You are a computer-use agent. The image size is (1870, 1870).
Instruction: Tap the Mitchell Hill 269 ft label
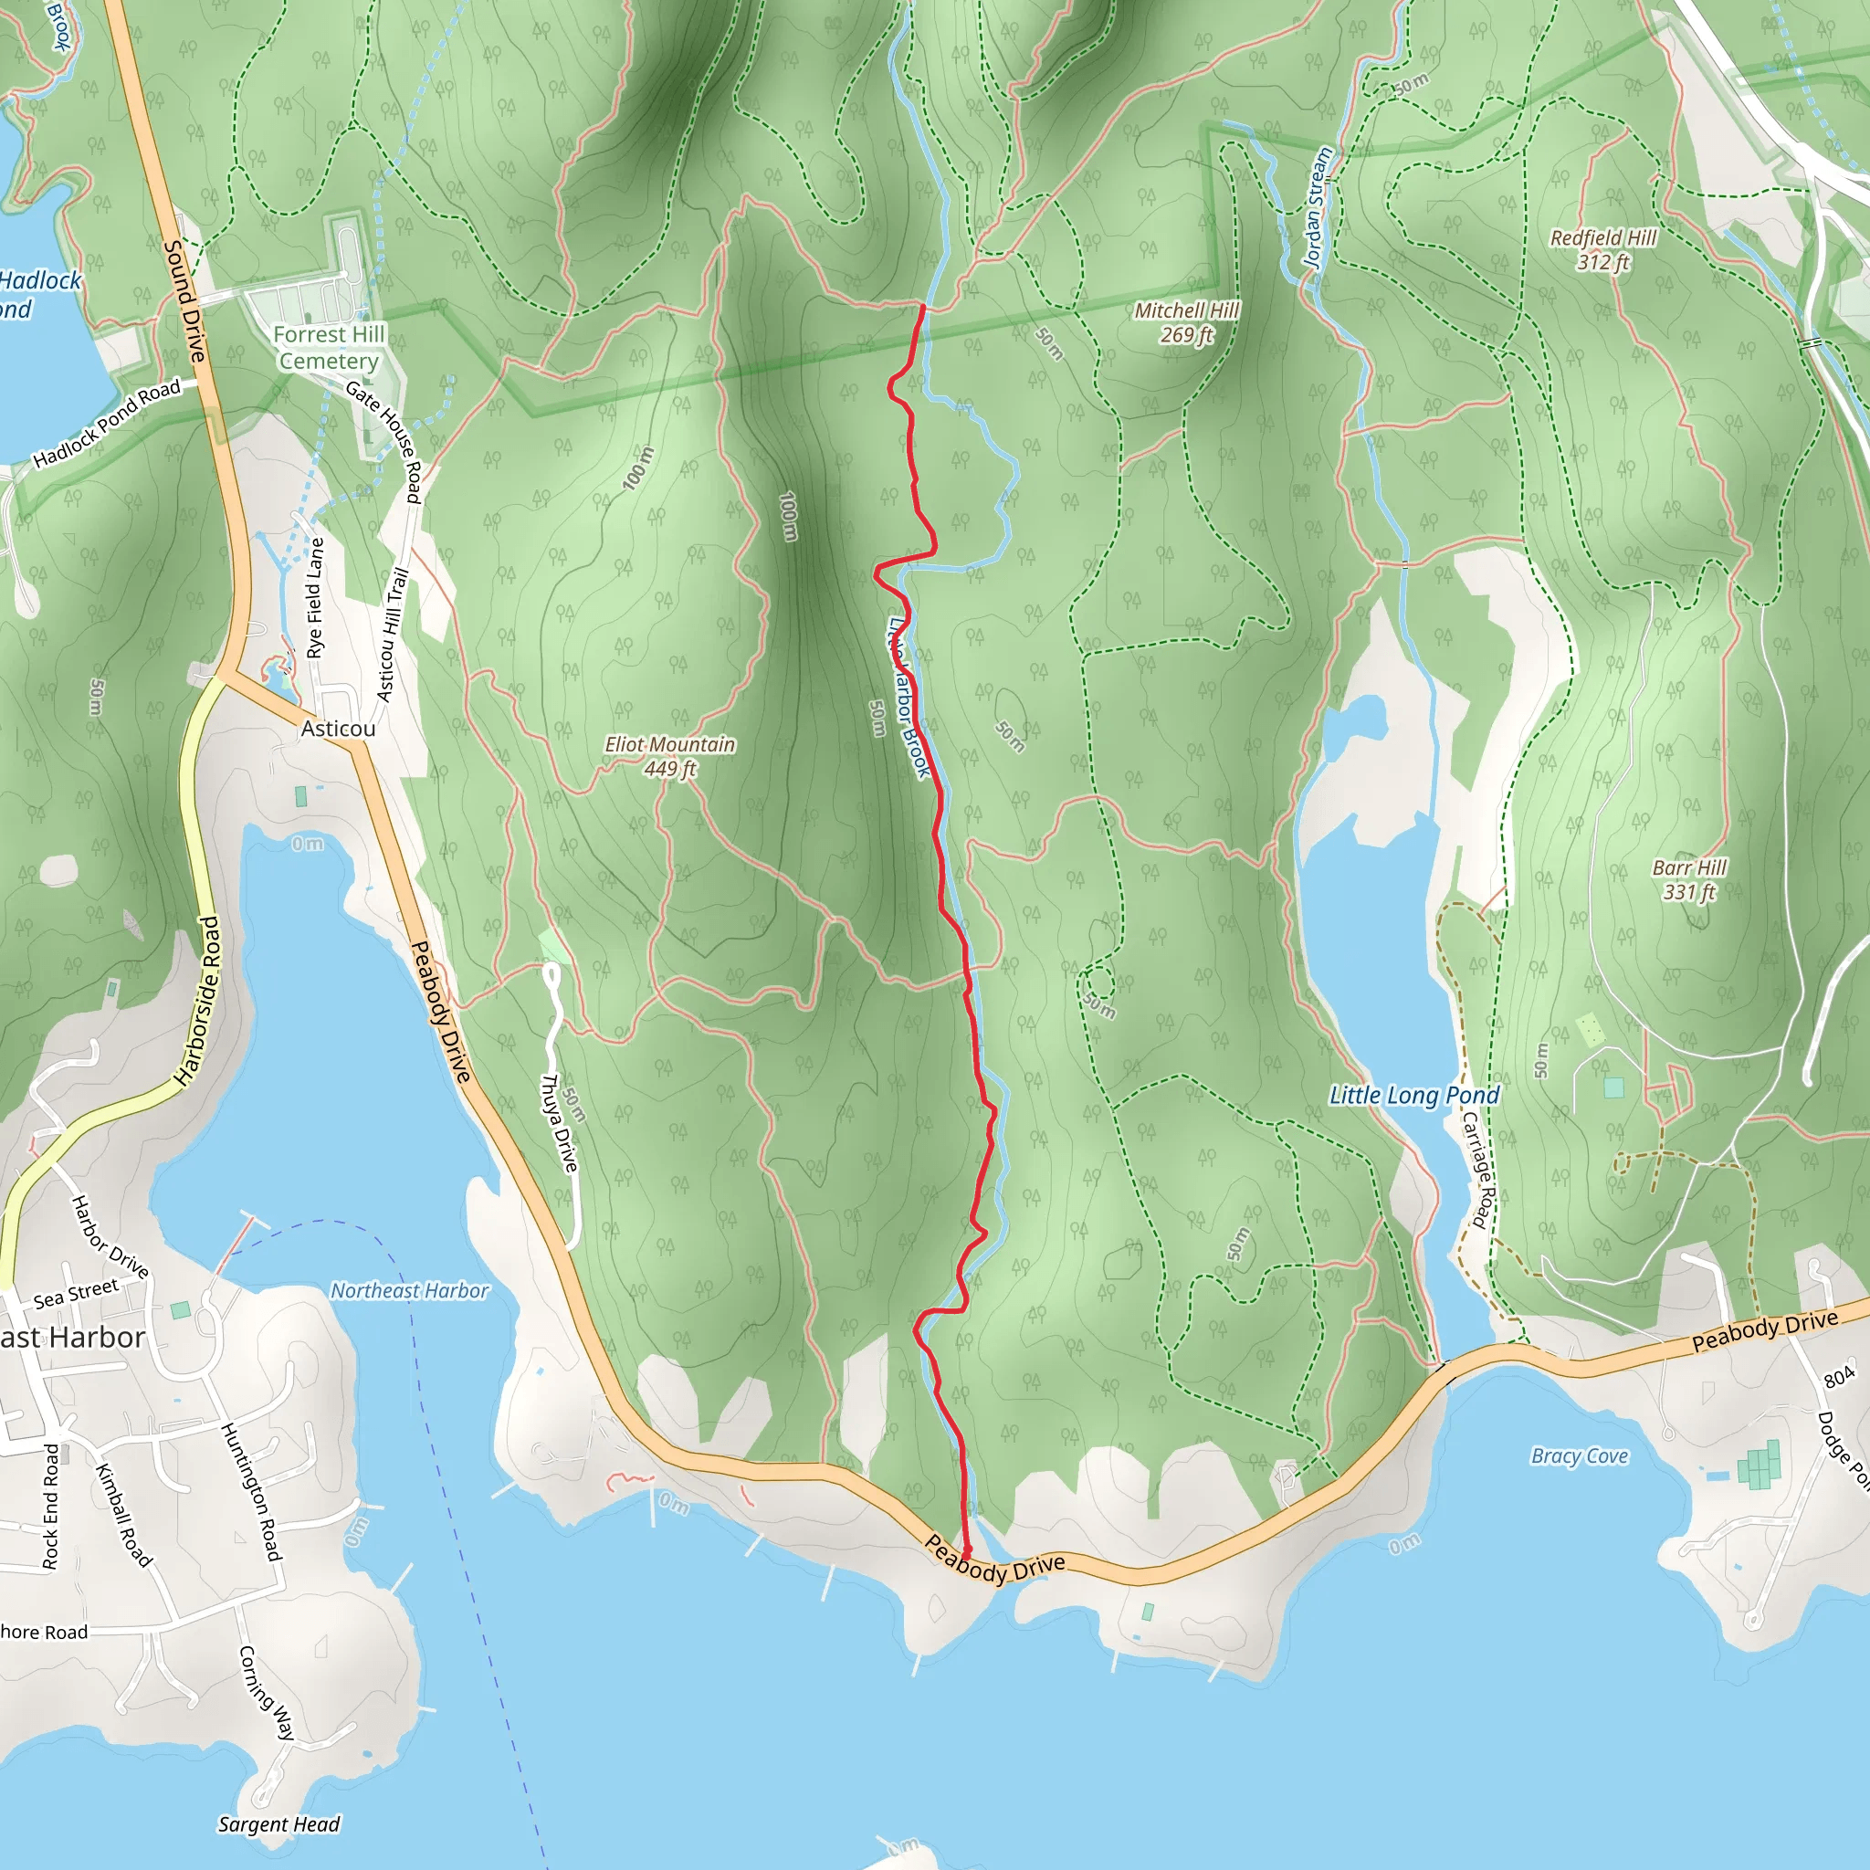tap(1186, 322)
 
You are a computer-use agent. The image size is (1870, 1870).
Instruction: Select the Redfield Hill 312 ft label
tap(1602, 249)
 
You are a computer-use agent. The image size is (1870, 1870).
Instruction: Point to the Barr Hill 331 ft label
tap(1689, 879)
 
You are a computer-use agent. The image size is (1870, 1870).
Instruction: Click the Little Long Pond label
tap(1413, 1095)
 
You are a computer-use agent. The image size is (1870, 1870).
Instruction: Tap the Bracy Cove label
tap(1579, 1455)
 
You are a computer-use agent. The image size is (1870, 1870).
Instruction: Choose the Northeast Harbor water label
tap(409, 1290)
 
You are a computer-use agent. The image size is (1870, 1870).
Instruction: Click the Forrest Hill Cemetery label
tap(329, 348)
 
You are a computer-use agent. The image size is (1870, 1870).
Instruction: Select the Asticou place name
tap(338, 728)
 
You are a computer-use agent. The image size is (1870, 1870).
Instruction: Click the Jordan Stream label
tap(1318, 207)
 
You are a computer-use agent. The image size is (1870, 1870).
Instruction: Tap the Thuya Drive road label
tap(559, 1123)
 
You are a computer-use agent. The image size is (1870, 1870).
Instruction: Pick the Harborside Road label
tap(196, 1001)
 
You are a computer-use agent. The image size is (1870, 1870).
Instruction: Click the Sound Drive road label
tap(184, 301)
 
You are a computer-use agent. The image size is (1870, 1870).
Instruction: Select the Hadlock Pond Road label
tap(107, 423)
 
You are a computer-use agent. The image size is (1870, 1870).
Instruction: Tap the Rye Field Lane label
tap(316, 597)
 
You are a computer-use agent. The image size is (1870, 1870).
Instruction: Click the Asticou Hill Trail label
tap(391, 634)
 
